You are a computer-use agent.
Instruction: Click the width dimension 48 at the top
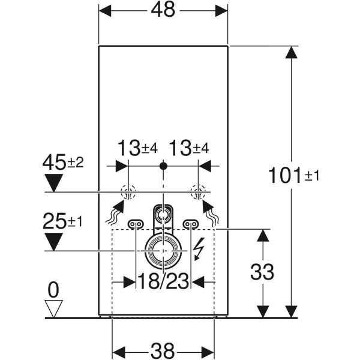tap(163, 11)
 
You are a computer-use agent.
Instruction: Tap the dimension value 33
tap(262, 272)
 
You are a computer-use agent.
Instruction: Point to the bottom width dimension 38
tap(163, 350)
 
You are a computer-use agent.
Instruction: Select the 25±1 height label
tap(63, 221)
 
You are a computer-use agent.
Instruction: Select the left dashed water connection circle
tap(128, 192)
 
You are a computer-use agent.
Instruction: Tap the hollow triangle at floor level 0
tap(55, 308)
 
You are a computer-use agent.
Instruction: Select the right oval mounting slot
tap(190, 223)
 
